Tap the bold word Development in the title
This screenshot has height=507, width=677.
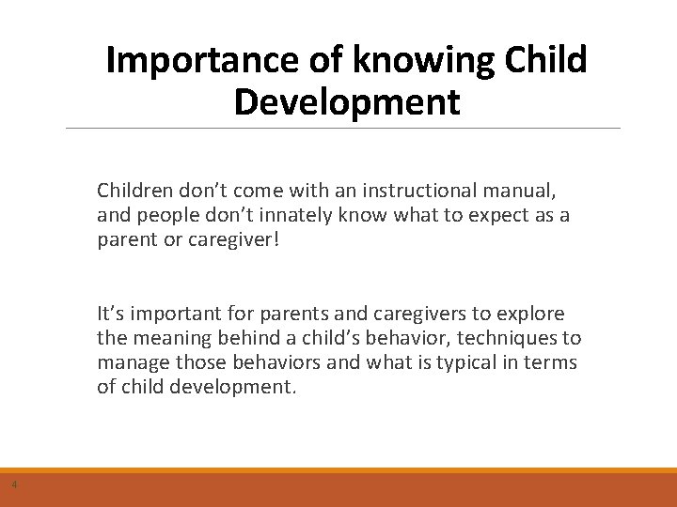tap(347, 101)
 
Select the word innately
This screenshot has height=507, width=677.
tap(272, 215)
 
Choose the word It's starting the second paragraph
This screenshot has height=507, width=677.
tap(110, 314)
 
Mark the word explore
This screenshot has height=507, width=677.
tap(532, 314)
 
